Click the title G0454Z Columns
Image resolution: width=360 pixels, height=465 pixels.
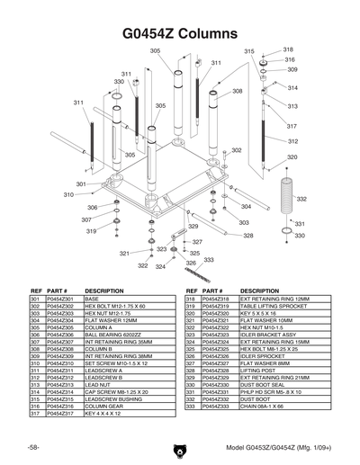[x=180, y=33]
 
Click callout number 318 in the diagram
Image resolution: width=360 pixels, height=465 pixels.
[x=289, y=49]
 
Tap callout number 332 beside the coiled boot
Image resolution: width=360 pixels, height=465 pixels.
[x=301, y=199]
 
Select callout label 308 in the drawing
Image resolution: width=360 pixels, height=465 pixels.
[x=238, y=91]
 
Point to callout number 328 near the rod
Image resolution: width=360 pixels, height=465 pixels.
[x=247, y=236]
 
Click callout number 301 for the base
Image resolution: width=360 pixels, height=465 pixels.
[x=81, y=183]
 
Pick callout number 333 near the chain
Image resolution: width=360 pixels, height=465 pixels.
[x=209, y=260]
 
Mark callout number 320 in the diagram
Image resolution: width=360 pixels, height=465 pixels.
[x=292, y=157]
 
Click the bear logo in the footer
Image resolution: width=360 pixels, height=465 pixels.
[x=180, y=447]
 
